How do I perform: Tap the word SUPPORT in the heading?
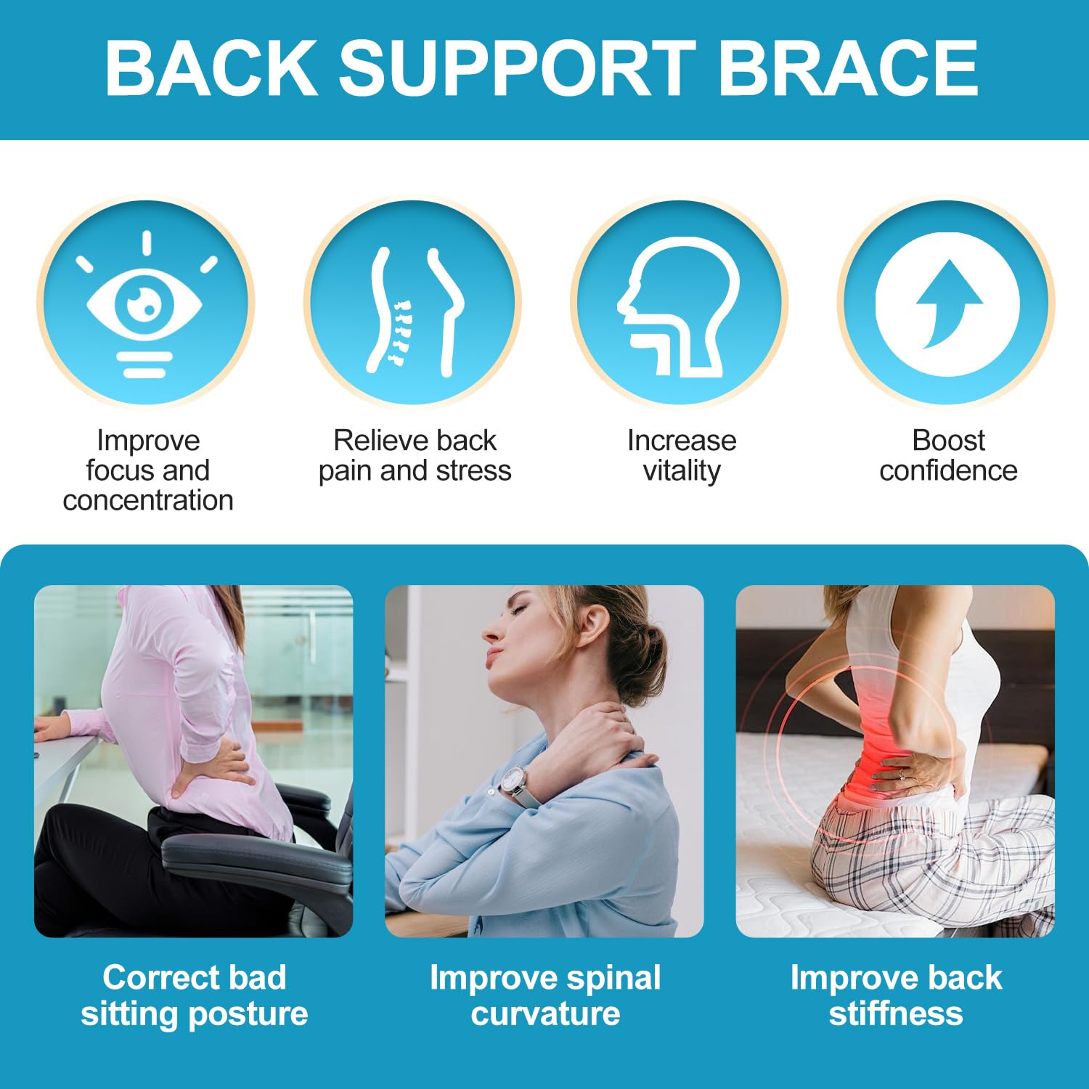[x=517, y=67]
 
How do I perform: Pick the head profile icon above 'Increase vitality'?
[x=679, y=306]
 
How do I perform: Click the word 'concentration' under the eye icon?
[x=148, y=500]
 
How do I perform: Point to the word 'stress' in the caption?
[x=473, y=470]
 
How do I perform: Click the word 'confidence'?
[x=948, y=470]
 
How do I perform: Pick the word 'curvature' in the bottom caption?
[x=545, y=1013]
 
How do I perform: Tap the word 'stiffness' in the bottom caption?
[x=896, y=1013]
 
